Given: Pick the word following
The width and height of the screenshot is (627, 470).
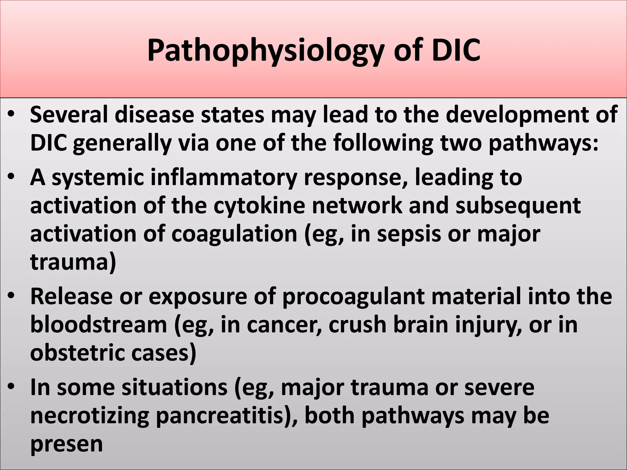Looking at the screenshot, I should pos(383,143).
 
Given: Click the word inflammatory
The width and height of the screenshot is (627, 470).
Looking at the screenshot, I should pos(223,178).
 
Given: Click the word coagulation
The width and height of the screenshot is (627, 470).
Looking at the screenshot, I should pos(234,234).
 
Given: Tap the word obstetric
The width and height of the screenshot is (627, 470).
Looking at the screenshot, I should pos(78,353).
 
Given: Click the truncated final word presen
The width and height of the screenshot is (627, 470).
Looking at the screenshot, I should pos(66,444).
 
